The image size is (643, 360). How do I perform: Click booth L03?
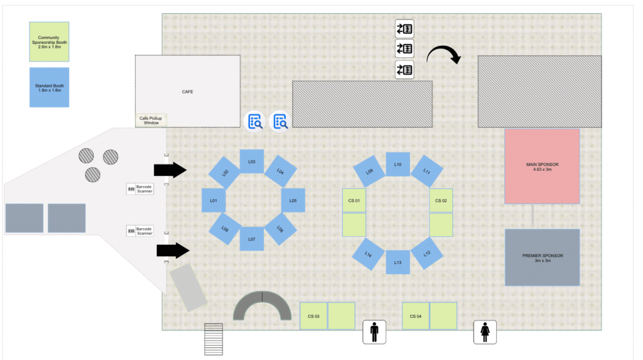click(x=252, y=161)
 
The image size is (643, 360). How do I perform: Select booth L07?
click(x=252, y=239)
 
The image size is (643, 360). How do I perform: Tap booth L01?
click(x=213, y=200)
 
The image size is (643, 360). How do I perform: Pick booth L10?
click(x=397, y=164)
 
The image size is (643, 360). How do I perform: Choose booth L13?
click(x=397, y=262)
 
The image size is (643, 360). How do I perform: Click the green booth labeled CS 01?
click(x=354, y=200)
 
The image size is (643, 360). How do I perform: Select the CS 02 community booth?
click(x=441, y=200)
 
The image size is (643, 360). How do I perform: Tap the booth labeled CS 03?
click(x=314, y=316)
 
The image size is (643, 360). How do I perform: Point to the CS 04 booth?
click(x=416, y=316)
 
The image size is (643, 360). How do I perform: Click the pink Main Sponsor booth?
click(x=542, y=166)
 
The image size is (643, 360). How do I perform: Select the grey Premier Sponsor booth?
click(x=542, y=258)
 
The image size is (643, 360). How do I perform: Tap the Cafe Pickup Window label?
click(x=151, y=120)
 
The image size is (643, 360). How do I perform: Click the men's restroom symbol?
click(x=374, y=332)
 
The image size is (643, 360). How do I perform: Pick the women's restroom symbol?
click(x=485, y=332)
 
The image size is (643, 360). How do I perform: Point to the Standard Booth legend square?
click(x=49, y=87)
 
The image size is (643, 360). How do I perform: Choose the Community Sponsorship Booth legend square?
click(x=49, y=42)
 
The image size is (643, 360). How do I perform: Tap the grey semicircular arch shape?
click(x=246, y=302)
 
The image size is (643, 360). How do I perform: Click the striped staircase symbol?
click(x=213, y=339)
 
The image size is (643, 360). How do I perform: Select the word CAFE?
click(x=187, y=92)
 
